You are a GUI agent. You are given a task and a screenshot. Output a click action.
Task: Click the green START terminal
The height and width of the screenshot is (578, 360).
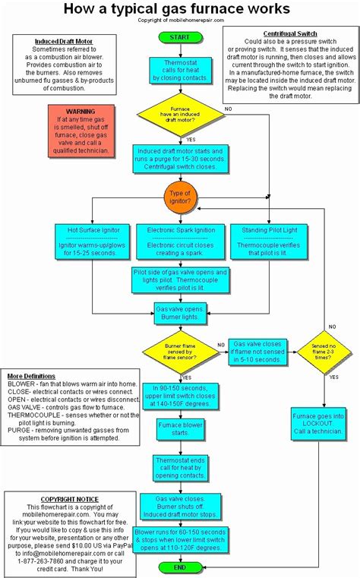point(179,37)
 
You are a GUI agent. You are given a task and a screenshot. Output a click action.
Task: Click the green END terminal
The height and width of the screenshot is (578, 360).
point(179,567)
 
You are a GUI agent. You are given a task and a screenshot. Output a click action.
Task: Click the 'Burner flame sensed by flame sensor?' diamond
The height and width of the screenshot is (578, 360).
point(179,350)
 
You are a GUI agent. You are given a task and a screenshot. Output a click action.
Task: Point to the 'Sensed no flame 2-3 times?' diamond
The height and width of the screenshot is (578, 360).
point(321,350)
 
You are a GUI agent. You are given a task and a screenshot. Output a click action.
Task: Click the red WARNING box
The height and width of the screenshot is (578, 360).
point(81,131)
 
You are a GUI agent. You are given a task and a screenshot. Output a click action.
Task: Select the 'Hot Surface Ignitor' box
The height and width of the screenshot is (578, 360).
point(91,241)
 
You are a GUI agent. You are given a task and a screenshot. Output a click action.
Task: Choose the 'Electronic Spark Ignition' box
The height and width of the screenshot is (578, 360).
point(179,241)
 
